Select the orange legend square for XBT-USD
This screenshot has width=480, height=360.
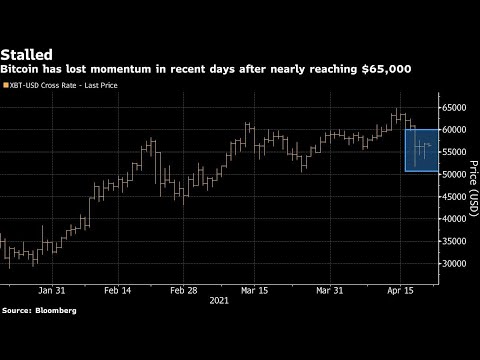coord(4,89)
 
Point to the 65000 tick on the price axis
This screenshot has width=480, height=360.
coord(457,107)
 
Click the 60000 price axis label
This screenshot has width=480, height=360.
coord(457,130)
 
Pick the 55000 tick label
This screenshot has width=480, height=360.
coord(457,152)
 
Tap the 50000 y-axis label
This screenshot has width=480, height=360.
coord(457,174)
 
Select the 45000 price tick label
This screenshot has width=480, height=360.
coord(457,197)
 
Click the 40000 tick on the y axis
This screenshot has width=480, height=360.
coord(457,219)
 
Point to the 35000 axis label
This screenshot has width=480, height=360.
coord(457,241)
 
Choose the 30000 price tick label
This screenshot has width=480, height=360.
coord(457,264)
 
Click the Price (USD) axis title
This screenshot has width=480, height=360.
coord(471,185)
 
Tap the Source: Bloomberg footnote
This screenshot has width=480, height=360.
coord(38,311)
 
